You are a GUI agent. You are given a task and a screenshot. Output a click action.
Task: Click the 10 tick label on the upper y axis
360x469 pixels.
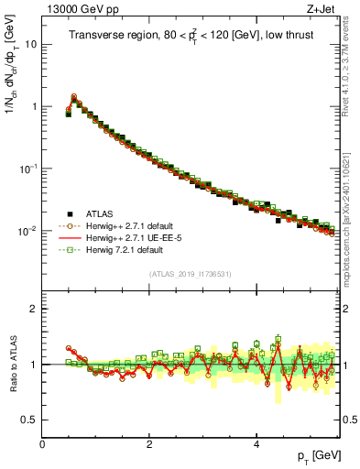[x=30, y=44]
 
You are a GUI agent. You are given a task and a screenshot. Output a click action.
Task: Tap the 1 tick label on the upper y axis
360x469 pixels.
[x=33, y=106]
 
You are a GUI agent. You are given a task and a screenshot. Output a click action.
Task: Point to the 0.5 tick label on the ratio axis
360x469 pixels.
[x=29, y=420]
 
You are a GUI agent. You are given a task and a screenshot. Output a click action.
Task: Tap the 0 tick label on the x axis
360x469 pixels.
[x=43, y=444]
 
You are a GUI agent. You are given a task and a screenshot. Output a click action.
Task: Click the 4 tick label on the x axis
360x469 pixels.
[x=256, y=444]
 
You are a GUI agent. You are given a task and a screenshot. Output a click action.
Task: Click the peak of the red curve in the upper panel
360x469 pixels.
[x=74, y=96]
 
